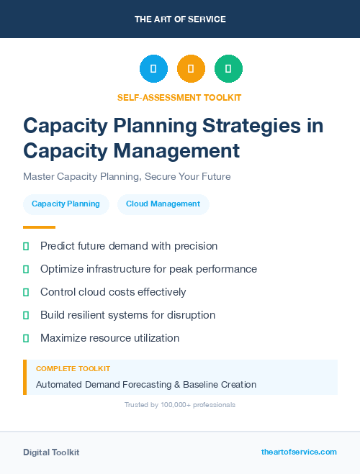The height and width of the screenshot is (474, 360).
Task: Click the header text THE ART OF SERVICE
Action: [180, 19]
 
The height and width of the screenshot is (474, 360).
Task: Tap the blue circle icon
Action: [153, 69]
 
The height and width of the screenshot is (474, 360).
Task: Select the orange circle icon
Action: [191, 69]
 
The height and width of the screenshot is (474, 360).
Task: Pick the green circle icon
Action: [228, 69]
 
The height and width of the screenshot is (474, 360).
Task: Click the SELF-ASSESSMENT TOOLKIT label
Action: [180, 97]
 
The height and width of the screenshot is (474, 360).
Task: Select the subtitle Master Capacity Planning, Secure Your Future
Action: [127, 176]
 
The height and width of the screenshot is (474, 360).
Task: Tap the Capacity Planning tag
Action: [66, 204]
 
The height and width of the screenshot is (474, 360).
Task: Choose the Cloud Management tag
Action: [163, 204]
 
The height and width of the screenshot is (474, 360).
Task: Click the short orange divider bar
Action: [39, 227]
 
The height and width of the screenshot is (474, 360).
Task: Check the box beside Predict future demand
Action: [26, 247]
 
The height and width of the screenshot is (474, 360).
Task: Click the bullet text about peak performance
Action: [148, 269]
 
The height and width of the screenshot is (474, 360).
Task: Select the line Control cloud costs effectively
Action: [113, 292]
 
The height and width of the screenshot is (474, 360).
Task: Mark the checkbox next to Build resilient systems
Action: [26, 316]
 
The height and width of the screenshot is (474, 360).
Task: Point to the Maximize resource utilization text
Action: [109, 338]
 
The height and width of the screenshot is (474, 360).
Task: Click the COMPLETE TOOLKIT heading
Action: [73, 368]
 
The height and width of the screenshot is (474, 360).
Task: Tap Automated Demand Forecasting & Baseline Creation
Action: [146, 385]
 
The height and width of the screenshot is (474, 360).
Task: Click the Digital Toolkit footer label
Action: [51, 452]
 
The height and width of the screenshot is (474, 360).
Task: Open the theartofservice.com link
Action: [299, 452]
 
